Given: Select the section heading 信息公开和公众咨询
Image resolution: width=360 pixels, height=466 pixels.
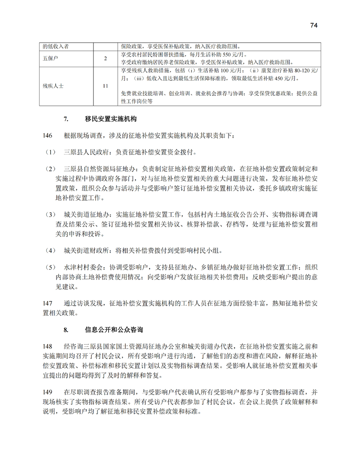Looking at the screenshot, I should coord(114,330).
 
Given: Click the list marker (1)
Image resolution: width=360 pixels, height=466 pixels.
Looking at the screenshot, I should coord(49,152).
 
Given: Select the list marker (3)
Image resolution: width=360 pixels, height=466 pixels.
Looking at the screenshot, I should coord(49,214).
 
